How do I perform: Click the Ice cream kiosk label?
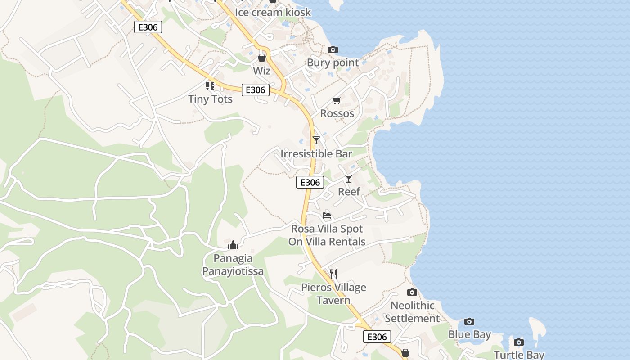(x=273, y=12)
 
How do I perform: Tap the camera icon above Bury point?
(x=333, y=49)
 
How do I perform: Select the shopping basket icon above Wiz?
(x=262, y=58)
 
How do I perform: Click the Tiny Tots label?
(x=210, y=99)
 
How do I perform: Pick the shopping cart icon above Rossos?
(x=337, y=100)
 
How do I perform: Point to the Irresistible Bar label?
(x=316, y=154)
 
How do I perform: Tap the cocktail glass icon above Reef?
(x=349, y=179)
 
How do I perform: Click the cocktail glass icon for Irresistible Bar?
(x=316, y=140)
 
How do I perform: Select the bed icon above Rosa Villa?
(x=327, y=216)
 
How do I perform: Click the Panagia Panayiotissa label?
(x=233, y=265)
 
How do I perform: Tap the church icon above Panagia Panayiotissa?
(x=233, y=245)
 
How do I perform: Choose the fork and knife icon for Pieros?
(x=333, y=274)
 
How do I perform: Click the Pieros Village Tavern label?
(x=333, y=294)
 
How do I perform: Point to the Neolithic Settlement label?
(x=412, y=312)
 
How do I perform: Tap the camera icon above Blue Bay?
(x=469, y=321)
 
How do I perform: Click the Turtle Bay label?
(x=519, y=355)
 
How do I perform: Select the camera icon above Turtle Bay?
(x=519, y=342)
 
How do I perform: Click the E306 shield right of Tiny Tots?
(x=256, y=90)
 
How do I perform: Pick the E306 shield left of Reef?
(x=310, y=182)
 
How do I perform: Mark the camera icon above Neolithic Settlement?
(x=412, y=292)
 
